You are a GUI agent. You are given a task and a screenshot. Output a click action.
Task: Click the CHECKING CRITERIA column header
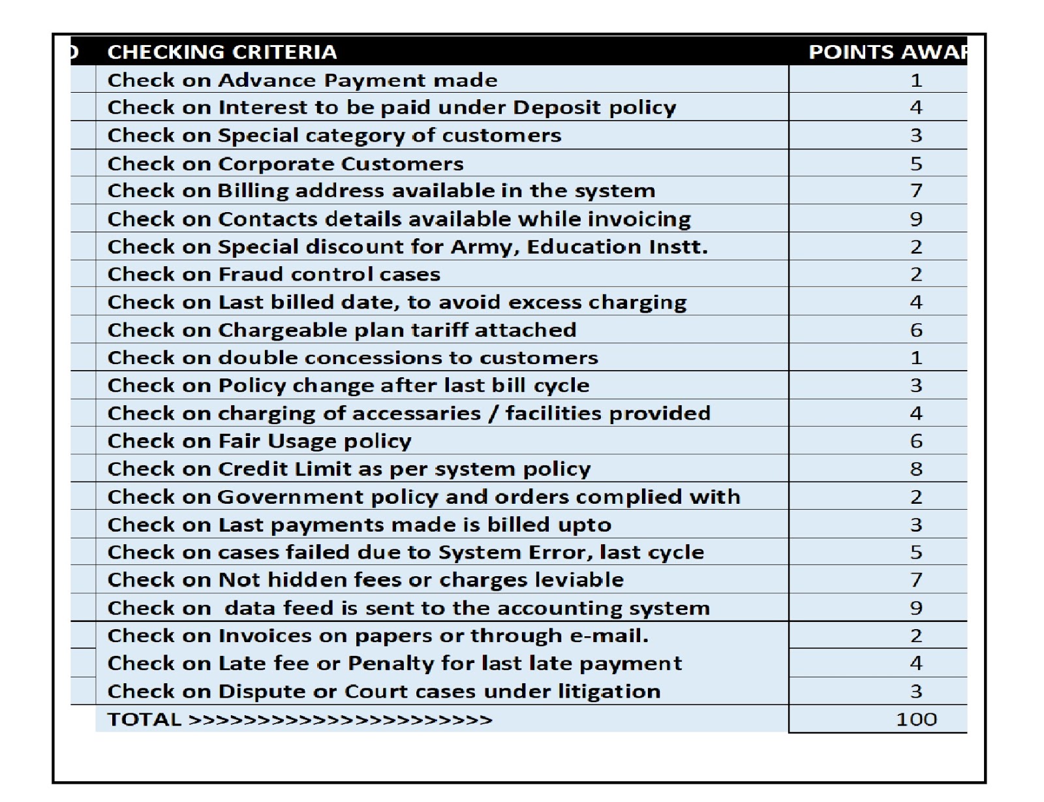(x=222, y=52)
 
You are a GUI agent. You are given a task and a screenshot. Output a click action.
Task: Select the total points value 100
(x=915, y=719)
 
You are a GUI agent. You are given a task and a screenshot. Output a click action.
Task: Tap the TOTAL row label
(x=144, y=719)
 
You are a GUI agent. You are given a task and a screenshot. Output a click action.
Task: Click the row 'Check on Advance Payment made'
(x=302, y=80)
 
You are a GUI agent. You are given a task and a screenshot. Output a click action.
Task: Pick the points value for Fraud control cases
(x=915, y=274)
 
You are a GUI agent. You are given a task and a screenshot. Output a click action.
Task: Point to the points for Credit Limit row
(x=915, y=469)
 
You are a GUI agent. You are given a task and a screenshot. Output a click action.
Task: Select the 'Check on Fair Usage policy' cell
(x=259, y=441)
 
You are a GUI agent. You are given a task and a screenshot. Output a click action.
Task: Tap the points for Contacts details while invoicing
(x=915, y=219)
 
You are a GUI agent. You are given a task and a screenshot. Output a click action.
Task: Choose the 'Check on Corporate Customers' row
(x=285, y=163)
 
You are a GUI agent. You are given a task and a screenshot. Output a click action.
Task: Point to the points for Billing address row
(x=915, y=191)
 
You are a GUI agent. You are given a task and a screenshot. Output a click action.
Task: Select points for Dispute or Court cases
(x=915, y=691)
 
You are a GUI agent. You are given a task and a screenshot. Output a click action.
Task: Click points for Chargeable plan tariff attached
(x=915, y=330)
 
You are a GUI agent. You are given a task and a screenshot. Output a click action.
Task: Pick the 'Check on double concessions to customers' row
(x=352, y=358)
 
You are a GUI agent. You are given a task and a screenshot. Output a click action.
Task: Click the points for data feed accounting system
(x=915, y=608)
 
